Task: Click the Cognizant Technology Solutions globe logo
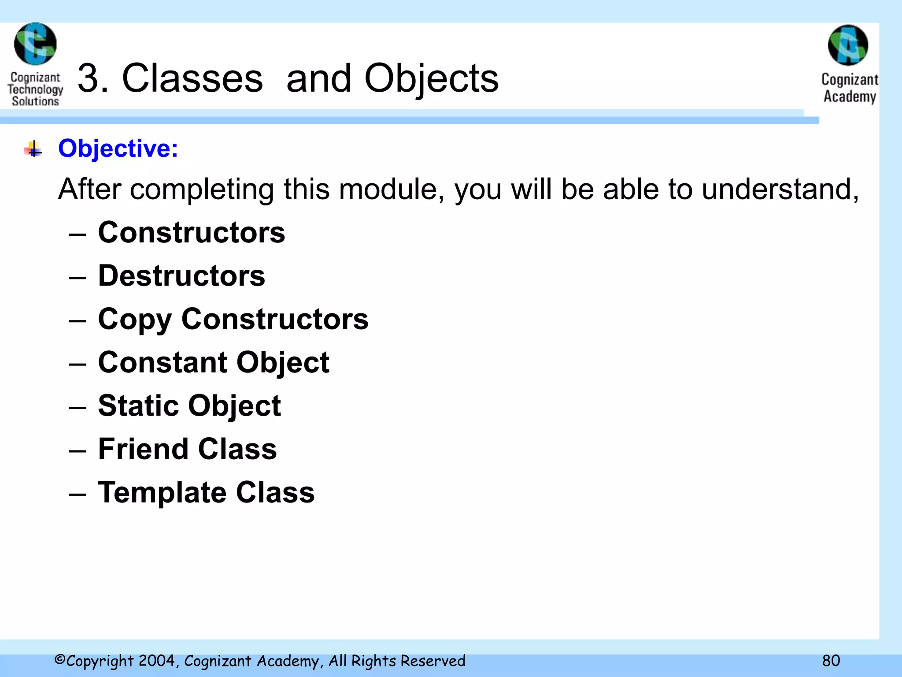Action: pos(35,44)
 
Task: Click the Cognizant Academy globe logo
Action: pos(848,45)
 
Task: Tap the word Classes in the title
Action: pos(192,78)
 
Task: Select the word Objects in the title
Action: pos(431,78)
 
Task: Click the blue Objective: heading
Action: pos(118,149)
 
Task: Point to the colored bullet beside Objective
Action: pos(33,149)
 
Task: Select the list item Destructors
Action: pos(181,276)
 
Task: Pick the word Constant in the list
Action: pos(162,362)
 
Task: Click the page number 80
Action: pos(831,661)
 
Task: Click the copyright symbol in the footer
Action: pos(60,660)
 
